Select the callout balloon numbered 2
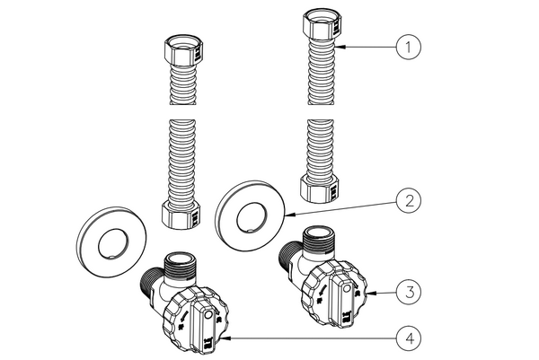click(408, 202)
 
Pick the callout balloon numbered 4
click(408, 338)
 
